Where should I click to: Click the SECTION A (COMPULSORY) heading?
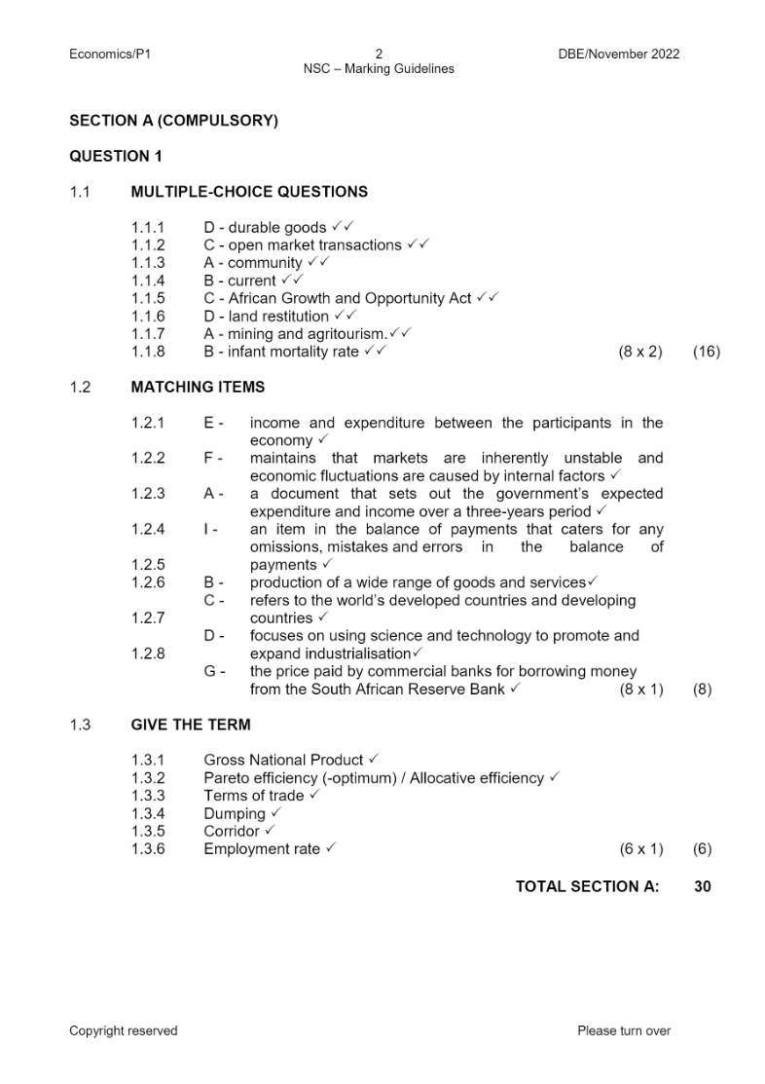tap(173, 122)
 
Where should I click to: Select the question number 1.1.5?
tap(148, 298)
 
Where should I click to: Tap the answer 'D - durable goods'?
tap(265, 228)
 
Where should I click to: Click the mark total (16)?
tap(706, 352)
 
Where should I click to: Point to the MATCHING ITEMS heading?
tap(198, 387)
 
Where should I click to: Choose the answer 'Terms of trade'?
tap(253, 796)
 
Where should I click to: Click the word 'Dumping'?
tap(235, 813)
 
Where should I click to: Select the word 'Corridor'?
tap(232, 831)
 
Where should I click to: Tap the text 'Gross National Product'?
tap(283, 760)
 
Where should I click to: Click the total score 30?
tap(703, 886)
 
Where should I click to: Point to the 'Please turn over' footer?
tap(624, 1030)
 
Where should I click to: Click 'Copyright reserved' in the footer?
tap(124, 1030)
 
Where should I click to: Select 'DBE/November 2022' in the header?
tap(612, 54)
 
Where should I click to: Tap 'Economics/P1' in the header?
tap(110, 54)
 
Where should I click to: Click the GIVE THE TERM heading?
tap(191, 725)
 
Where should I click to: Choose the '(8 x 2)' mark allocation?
tap(640, 352)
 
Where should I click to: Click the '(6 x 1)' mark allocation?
tap(641, 849)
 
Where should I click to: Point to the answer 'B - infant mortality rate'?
tap(281, 352)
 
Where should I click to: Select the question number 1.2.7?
tap(148, 617)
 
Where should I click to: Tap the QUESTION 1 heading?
tap(116, 156)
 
